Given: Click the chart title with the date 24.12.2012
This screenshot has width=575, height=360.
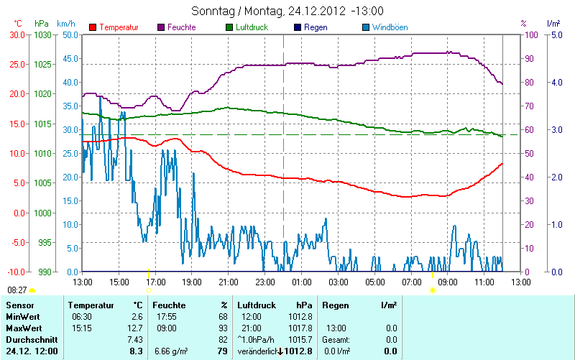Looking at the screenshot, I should (x=287, y=11).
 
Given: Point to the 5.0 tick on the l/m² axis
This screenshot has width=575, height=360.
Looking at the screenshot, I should (x=556, y=34).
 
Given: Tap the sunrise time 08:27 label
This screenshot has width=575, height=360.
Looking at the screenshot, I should (x=17, y=290).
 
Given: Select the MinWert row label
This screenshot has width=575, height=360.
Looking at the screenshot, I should (x=22, y=317).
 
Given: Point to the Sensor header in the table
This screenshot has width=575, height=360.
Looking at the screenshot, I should (x=19, y=305).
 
